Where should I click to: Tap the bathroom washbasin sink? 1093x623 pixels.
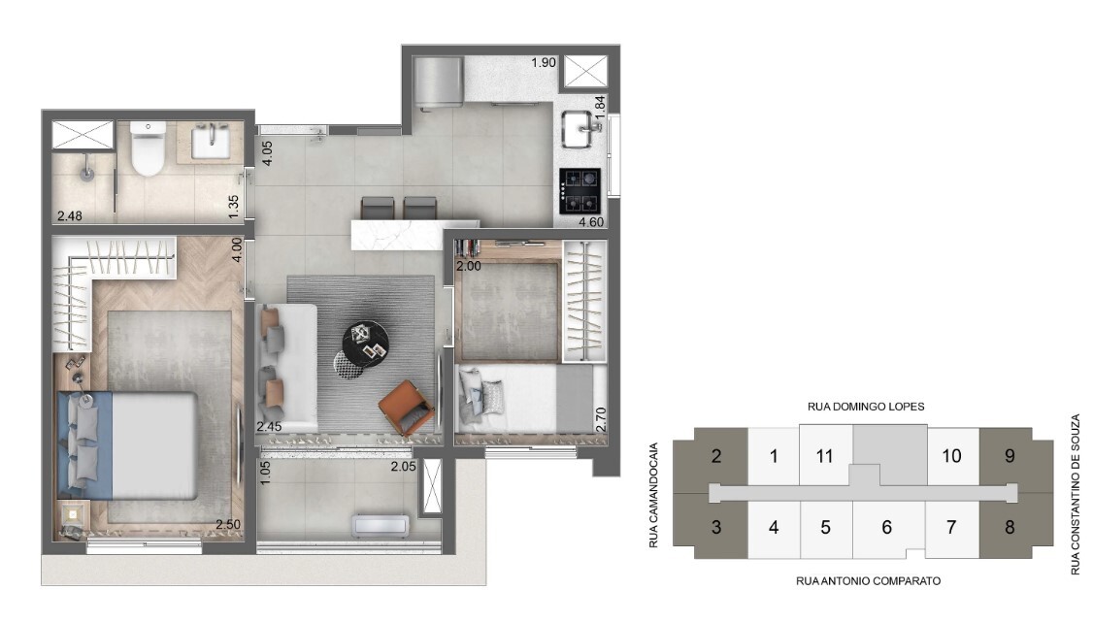tap(211, 144)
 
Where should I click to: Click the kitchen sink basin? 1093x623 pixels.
tap(581, 128)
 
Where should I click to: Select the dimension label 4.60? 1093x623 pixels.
tap(591, 223)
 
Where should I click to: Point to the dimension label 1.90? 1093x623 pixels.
tap(544, 63)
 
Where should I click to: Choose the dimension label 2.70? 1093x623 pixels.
tap(600, 419)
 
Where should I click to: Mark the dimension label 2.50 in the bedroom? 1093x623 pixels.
tap(229, 525)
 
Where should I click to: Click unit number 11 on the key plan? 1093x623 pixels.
tap(825, 456)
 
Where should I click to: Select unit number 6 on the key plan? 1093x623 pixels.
tap(886, 528)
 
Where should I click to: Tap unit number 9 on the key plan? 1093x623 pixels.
tap(1010, 455)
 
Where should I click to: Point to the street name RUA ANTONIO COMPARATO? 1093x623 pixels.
tap(868, 580)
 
